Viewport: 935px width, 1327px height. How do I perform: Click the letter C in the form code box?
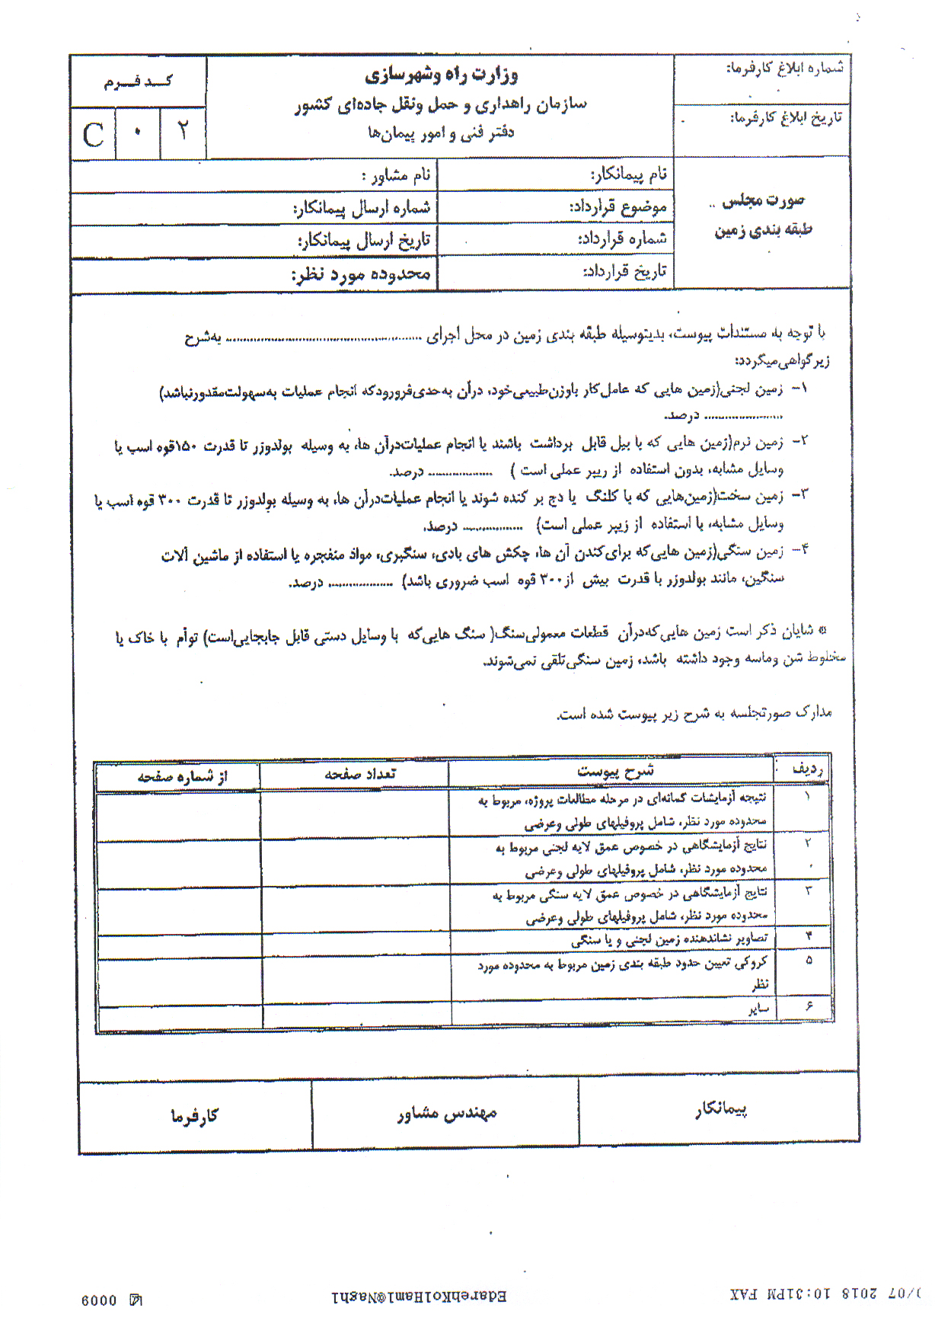click(x=93, y=135)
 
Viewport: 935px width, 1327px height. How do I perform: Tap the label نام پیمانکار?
click(x=629, y=174)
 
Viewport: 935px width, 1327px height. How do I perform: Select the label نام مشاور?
click(x=397, y=176)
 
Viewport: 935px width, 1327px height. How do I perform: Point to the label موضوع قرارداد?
click(x=618, y=206)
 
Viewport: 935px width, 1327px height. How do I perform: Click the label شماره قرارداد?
click(x=622, y=238)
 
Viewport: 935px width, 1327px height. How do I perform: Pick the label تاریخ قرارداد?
click(x=624, y=271)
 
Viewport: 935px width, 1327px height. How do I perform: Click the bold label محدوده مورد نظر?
click(x=361, y=274)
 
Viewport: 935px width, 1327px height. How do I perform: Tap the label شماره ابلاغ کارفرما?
click(x=784, y=69)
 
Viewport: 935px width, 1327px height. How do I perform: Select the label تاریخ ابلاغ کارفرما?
click(x=787, y=117)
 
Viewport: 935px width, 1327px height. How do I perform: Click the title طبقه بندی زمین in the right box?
click(x=763, y=230)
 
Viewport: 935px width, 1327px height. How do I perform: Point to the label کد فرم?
click(x=138, y=82)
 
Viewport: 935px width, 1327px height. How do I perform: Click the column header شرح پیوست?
click(x=615, y=771)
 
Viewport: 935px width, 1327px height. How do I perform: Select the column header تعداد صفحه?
click(x=360, y=774)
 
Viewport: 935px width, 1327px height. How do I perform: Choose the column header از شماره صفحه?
click(x=182, y=776)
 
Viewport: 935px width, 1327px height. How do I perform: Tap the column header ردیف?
click(x=808, y=769)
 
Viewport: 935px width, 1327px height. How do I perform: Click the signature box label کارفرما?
click(x=194, y=1116)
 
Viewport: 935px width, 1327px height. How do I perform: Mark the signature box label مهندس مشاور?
click(x=447, y=1114)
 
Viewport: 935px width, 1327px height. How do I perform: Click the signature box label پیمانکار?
click(x=720, y=1109)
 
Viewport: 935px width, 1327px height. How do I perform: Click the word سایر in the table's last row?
click(x=758, y=1009)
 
